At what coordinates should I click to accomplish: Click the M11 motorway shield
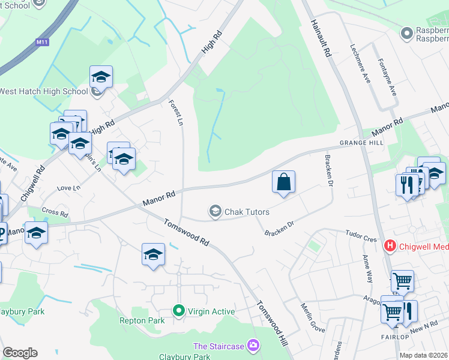click(x=41, y=41)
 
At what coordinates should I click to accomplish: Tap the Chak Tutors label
click(x=247, y=212)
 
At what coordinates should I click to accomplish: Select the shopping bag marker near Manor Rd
click(x=283, y=182)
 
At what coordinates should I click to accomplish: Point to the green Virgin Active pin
click(x=178, y=311)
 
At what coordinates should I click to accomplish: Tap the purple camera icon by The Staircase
click(x=254, y=345)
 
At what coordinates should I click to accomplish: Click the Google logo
click(x=20, y=353)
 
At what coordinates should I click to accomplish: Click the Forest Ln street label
click(x=176, y=112)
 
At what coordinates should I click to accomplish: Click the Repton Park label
click(x=141, y=321)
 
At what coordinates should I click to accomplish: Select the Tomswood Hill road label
click(x=273, y=322)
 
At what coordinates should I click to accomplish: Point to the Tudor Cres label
click(x=361, y=235)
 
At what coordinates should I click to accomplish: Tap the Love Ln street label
click(x=68, y=188)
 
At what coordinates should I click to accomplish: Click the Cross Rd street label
click(x=55, y=212)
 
